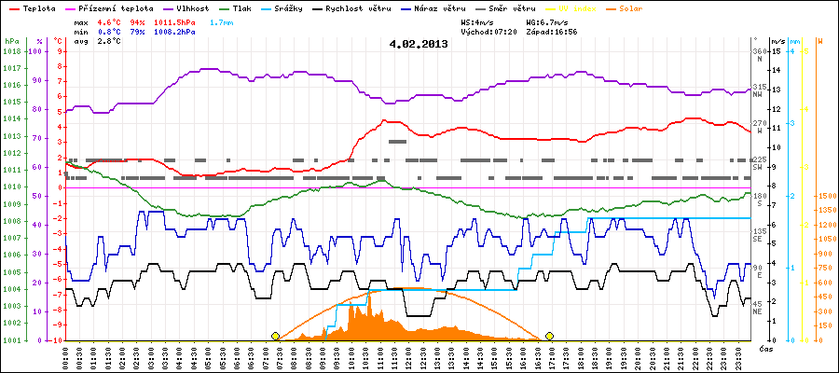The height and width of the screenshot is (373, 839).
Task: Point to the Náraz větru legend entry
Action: coord(467,7)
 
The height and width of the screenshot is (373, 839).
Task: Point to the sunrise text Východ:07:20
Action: coord(488,31)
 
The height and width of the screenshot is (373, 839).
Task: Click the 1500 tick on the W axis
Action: coord(826,196)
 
